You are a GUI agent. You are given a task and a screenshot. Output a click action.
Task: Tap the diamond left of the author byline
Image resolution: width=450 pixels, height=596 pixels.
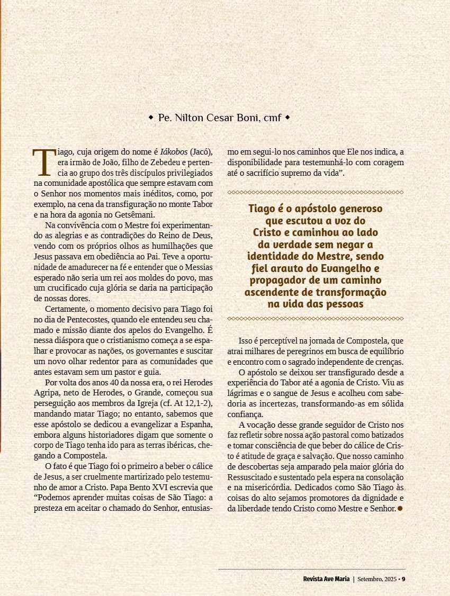pos(151,116)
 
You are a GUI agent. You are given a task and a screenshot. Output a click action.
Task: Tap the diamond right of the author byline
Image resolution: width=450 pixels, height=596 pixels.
pos(287,116)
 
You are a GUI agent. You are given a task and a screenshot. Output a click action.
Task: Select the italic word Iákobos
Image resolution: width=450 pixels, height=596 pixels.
pos(174,153)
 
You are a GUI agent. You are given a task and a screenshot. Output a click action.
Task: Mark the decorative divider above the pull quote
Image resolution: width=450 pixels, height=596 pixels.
pos(316,192)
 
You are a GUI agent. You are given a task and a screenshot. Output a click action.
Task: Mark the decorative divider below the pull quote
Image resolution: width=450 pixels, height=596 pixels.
pos(316,319)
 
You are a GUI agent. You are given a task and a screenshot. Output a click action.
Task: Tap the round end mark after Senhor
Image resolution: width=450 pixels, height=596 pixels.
pos(400,508)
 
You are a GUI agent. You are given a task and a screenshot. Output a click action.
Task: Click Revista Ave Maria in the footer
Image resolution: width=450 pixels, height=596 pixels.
pos(326,579)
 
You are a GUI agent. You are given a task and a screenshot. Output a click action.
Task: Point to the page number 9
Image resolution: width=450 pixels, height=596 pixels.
pos(403,579)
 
